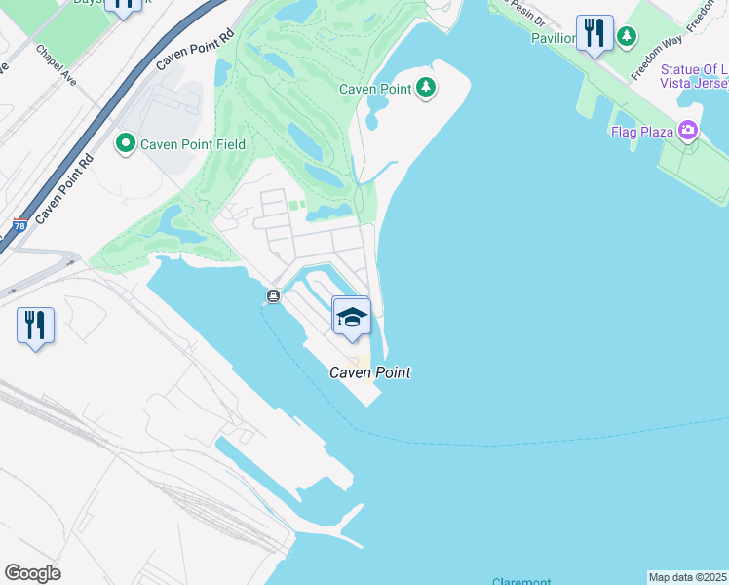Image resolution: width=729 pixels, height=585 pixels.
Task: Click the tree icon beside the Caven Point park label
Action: pos(426,89)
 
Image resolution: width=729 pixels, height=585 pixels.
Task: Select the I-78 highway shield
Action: pos(19,226)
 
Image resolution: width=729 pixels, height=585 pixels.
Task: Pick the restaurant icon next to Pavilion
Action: pos(595,33)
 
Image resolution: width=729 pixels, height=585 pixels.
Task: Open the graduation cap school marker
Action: pos(352,316)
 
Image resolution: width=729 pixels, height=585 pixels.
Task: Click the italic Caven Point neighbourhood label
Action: pos(369,372)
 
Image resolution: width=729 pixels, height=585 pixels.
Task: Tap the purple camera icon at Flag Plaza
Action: pos(688,131)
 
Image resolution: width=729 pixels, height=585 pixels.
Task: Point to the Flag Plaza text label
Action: pos(642,132)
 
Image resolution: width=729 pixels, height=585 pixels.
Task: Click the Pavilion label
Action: pos(554,38)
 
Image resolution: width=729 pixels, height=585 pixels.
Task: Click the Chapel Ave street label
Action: pos(57,63)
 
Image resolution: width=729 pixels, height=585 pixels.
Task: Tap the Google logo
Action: pos(32,573)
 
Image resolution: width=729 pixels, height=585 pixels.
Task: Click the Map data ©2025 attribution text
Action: pos(688,577)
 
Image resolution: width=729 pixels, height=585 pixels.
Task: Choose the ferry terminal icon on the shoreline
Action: pos(274,295)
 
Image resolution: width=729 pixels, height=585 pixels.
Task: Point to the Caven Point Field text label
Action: pos(192,144)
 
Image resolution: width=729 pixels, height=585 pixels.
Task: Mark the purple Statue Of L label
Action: pos(693,69)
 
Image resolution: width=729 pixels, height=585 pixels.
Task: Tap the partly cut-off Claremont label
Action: pos(521,581)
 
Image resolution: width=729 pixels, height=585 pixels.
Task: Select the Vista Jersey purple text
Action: pos(693,84)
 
